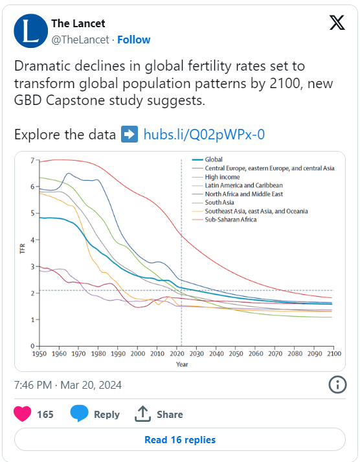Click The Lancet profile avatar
31,31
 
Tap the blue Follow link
133,40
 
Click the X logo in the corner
337,23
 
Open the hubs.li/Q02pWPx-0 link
204,134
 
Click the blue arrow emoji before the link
129,134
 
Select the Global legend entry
207,159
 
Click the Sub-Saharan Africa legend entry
224,220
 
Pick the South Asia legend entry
213,202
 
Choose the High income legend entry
216,177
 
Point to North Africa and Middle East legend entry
237,194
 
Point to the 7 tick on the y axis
32,161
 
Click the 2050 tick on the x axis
236,353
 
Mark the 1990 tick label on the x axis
118,353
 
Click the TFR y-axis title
23,249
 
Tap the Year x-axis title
182,364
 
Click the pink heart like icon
23,413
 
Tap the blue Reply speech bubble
79,413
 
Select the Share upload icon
142,413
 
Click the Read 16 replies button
180,439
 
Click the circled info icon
337,385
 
